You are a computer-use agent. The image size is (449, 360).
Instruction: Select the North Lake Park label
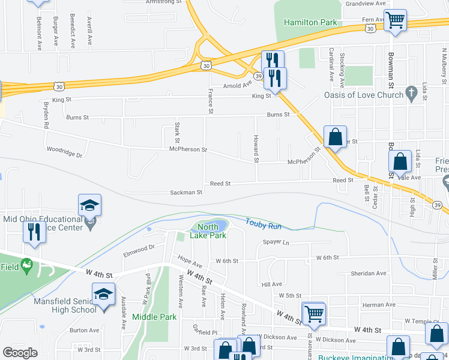[208, 231]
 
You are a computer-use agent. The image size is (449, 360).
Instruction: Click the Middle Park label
[154, 317]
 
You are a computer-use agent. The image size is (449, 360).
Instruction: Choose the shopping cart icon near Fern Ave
[395, 20]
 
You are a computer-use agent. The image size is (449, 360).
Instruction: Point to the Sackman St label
[186, 193]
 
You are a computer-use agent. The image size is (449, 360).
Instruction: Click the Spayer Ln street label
[276, 242]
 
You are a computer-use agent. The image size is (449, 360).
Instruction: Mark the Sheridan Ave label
[369, 273]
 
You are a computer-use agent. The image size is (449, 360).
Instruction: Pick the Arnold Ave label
[236, 86]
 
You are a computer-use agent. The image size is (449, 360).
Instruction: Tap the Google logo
[20, 353]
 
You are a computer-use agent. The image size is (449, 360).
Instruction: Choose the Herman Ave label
[379, 305]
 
